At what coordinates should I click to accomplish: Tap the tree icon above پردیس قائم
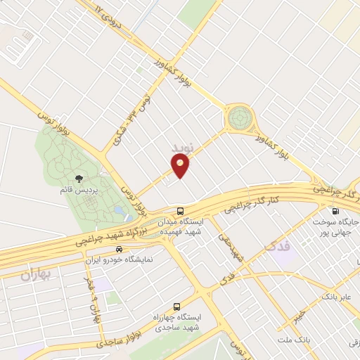click(x=78, y=179)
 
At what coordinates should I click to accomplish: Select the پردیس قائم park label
click(x=77, y=190)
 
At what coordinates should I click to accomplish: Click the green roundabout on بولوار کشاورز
click(x=239, y=117)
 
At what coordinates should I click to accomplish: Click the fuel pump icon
click(x=334, y=211)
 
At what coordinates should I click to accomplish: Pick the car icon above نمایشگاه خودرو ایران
click(x=119, y=249)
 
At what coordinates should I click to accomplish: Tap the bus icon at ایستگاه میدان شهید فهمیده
click(x=181, y=211)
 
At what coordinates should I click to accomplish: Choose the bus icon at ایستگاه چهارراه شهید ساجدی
click(x=176, y=307)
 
